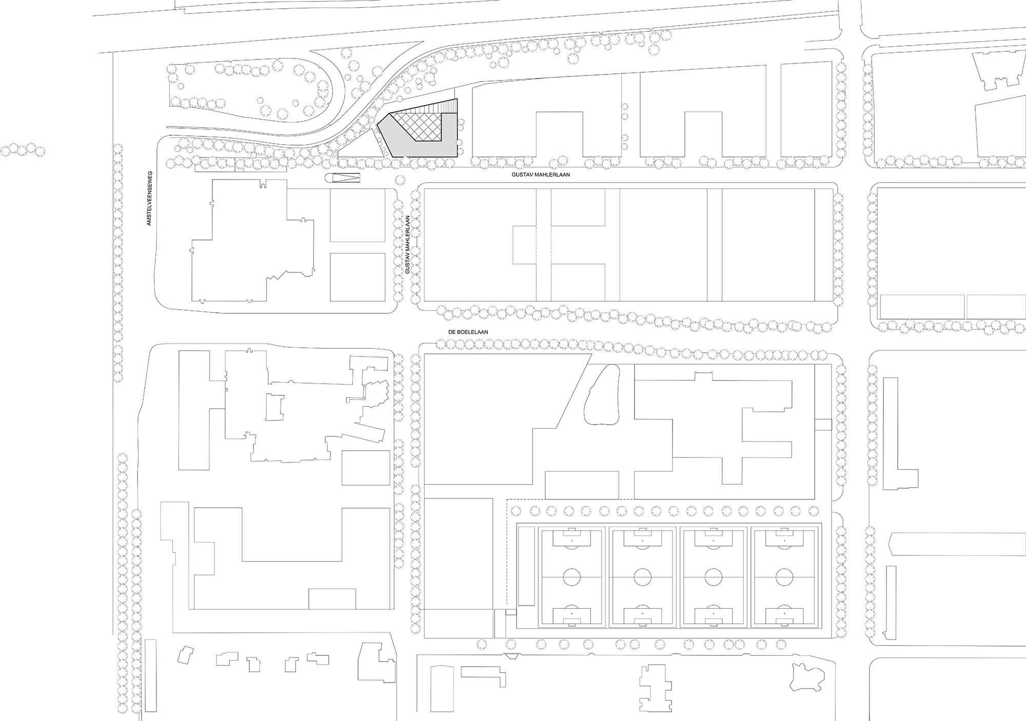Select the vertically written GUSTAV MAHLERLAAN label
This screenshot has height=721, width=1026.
(x=408, y=245)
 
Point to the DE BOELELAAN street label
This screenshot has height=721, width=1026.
(x=468, y=332)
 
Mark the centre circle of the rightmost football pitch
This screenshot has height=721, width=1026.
(x=784, y=577)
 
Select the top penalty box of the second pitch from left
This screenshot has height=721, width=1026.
(x=642, y=538)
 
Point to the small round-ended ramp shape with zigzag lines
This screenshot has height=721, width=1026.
(x=343, y=178)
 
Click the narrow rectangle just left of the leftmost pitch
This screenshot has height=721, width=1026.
(x=526, y=566)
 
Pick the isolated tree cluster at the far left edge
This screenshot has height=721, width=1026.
(x=23, y=149)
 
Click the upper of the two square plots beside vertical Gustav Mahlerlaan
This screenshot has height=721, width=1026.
(x=357, y=215)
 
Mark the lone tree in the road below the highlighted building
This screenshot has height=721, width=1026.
(x=399, y=180)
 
